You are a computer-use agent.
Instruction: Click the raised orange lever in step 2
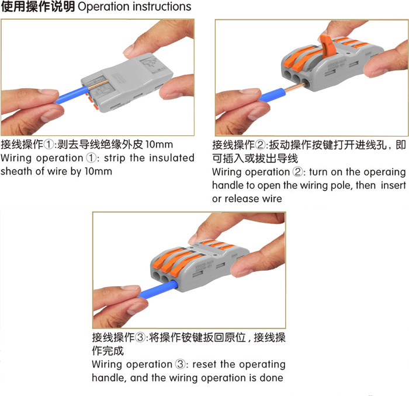point(328,47)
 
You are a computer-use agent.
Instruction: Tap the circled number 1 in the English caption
point(91,158)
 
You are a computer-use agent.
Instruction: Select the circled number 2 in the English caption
point(297,172)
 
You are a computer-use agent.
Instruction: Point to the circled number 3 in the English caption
point(181,364)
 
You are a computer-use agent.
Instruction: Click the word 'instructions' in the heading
point(161,6)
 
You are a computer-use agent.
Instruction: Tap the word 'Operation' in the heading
point(103,7)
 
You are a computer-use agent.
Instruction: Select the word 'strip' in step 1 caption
point(115,158)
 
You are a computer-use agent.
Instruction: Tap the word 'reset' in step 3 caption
point(204,365)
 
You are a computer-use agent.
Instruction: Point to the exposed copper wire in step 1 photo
point(98,85)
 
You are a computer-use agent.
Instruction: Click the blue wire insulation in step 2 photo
point(271,95)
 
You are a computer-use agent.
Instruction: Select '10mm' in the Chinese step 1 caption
point(159,145)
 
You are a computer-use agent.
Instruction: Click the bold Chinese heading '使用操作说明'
point(38,6)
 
